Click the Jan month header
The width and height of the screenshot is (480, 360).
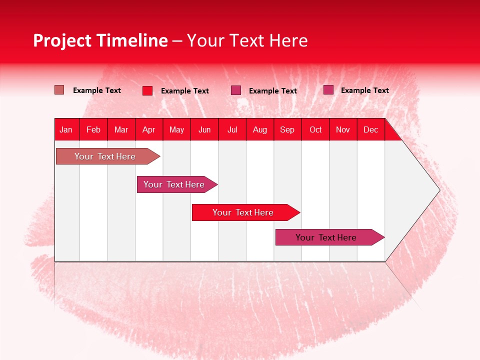point(66,129)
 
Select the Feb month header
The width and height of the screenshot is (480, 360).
point(93,129)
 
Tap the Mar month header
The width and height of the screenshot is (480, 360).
point(121,129)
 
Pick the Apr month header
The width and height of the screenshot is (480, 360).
point(149,129)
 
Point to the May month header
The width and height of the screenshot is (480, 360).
point(176,129)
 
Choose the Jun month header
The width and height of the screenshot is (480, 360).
point(204,129)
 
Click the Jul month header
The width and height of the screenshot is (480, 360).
point(232,129)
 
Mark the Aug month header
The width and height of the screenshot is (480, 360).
point(260,129)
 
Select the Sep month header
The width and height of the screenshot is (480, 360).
point(287,129)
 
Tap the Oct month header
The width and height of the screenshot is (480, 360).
point(315,129)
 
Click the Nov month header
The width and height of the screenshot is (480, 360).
point(343,129)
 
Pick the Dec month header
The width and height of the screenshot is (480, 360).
point(371,129)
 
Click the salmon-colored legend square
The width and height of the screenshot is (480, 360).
point(59,90)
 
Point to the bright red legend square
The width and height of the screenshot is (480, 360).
point(147,90)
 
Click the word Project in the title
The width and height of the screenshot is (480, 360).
point(63,41)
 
